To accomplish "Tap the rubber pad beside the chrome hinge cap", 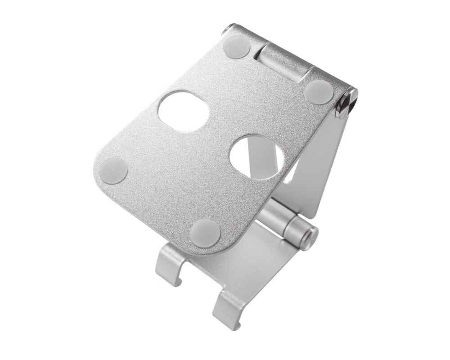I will click(x=319, y=92).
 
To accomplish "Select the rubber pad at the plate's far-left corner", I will click(x=113, y=171).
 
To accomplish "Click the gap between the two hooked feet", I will click(x=198, y=288).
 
